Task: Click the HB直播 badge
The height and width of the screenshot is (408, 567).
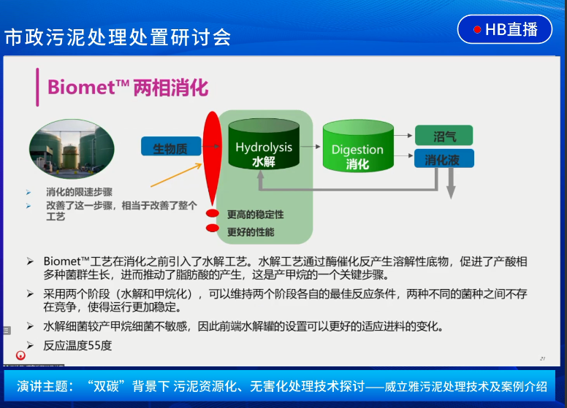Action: point(505,29)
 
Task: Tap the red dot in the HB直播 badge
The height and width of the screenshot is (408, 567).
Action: point(477,30)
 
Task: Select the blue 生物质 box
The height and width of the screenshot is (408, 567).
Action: point(171,146)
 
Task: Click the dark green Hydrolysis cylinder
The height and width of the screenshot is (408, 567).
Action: point(264,144)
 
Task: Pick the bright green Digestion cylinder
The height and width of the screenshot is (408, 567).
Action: point(358,146)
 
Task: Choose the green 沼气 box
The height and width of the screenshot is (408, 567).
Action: point(444,136)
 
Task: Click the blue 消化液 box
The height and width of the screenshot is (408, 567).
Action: point(444,158)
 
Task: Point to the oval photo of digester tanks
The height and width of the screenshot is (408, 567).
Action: point(72,149)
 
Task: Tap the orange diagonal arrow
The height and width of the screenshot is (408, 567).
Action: point(176,175)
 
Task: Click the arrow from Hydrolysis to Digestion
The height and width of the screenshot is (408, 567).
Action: point(311,147)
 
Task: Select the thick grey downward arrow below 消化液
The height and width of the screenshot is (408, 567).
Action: point(451,183)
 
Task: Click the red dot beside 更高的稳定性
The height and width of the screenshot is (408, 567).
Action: point(213,213)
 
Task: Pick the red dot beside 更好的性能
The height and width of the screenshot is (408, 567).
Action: point(213,228)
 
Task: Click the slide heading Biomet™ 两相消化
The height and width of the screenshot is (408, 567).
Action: point(128,88)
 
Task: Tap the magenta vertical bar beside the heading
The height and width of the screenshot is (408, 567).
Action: point(37,87)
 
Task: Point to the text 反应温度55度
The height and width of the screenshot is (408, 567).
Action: point(77,345)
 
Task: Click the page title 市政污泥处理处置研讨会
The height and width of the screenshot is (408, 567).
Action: point(118,37)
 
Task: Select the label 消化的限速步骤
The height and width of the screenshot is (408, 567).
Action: point(79,192)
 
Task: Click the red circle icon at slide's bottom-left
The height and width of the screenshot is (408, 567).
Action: point(20,355)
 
